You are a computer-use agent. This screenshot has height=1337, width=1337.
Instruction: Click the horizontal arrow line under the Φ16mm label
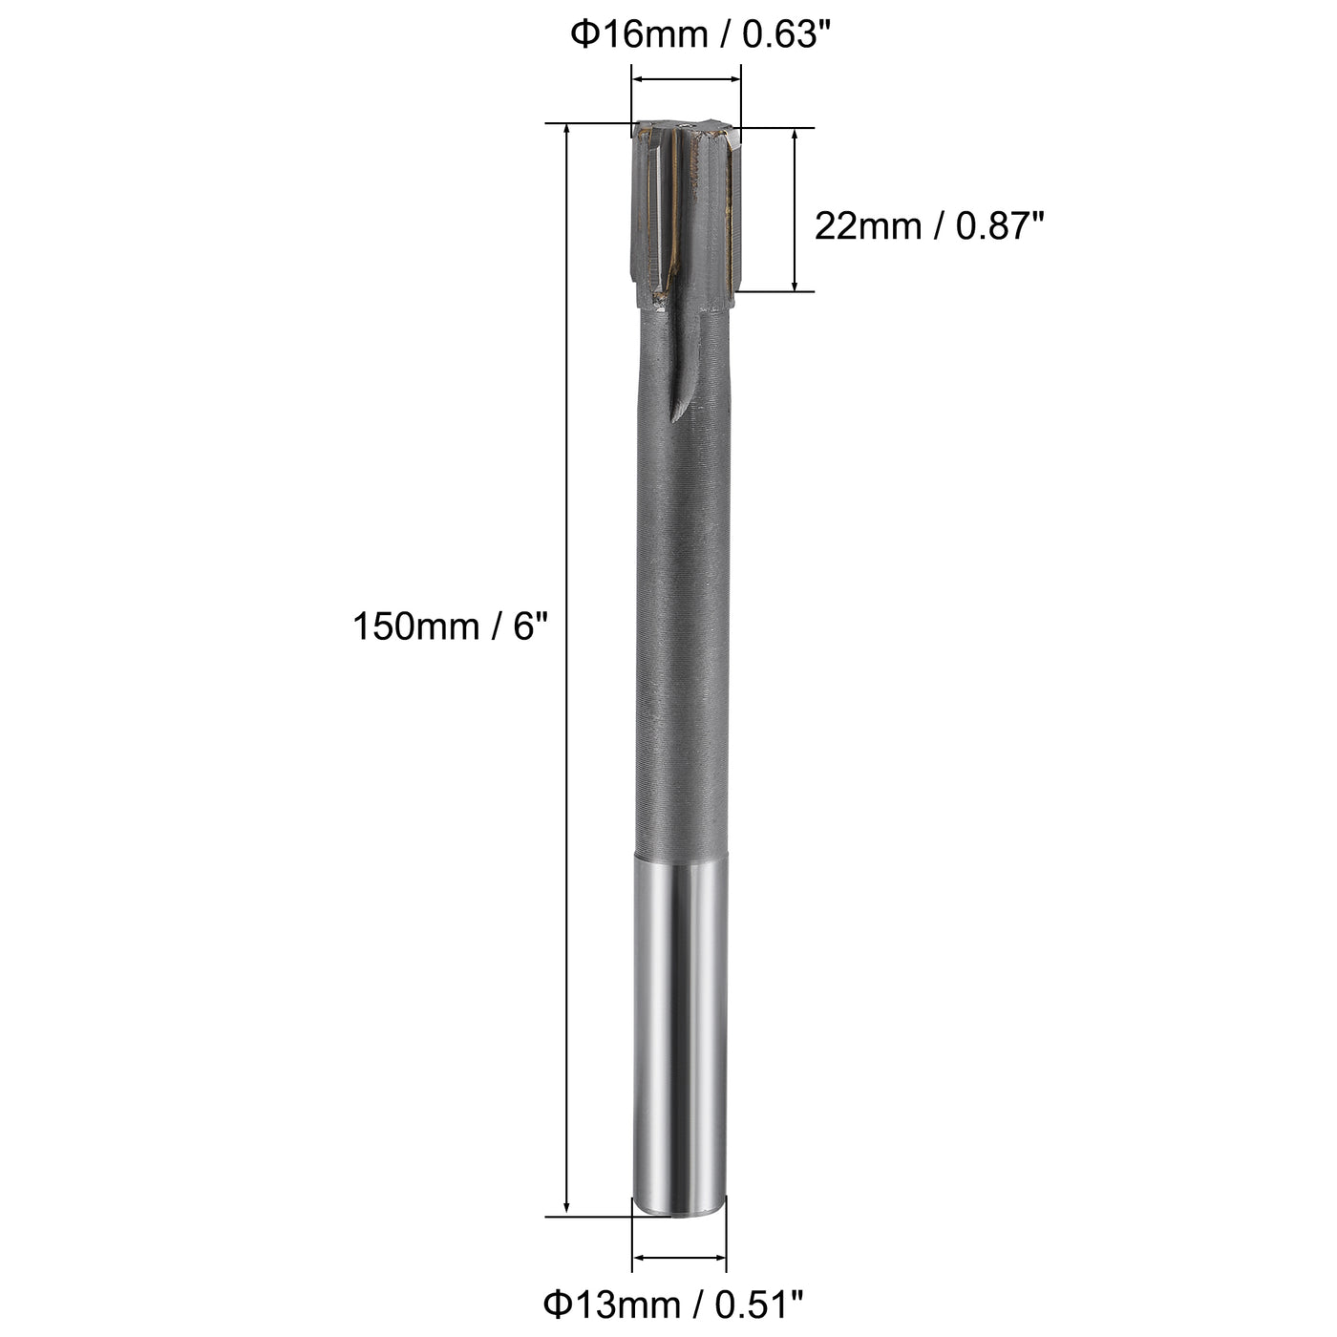tap(686, 81)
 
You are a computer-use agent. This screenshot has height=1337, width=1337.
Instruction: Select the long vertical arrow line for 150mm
tap(567, 668)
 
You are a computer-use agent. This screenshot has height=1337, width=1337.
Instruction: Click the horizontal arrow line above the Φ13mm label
tap(680, 1258)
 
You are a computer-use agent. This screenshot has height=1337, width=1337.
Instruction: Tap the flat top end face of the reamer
tap(685, 124)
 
